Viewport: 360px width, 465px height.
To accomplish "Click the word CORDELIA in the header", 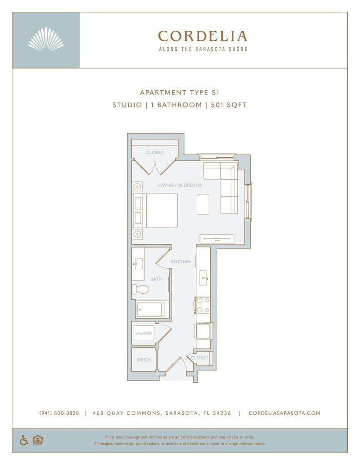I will tap(202, 36).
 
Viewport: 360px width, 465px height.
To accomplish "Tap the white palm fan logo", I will tap(45, 39).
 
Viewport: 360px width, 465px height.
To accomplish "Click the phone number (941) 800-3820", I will tap(59, 413).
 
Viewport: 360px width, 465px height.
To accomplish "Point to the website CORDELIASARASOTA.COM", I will tap(285, 413).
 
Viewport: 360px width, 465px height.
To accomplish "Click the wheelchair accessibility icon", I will tap(24, 440).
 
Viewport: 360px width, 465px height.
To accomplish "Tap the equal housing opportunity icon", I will tap(37, 440).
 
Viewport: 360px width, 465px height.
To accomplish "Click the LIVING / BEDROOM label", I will tap(180, 185).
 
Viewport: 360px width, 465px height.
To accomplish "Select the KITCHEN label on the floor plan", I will tap(180, 262).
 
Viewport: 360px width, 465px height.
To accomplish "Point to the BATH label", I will tap(156, 279).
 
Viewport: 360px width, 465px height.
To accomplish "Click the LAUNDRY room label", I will tap(144, 333).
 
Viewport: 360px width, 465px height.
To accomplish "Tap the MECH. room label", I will tap(144, 360).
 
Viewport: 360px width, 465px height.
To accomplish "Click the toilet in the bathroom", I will tap(141, 289).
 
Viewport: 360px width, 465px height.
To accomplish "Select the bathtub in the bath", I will tap(151, 310).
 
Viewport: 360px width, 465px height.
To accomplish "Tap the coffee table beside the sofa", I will tap(203, 204).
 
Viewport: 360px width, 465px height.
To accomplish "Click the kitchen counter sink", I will tap(203, 277).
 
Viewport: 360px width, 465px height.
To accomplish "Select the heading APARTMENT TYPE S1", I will tap(180, 92).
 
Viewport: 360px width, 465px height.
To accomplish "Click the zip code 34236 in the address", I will tap(221, 413).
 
